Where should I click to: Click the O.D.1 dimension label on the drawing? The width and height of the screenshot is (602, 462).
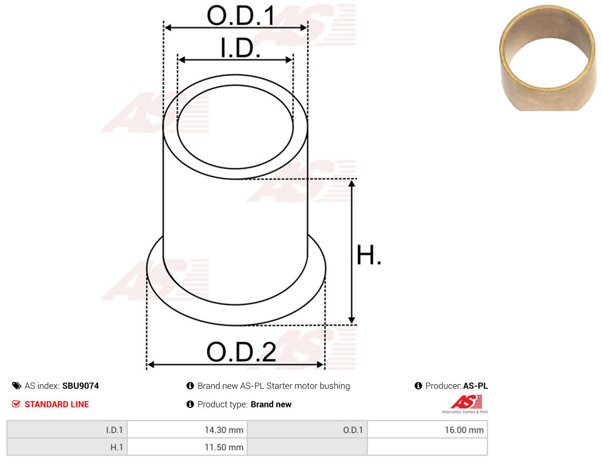pyautogui.click(x=241, y=16)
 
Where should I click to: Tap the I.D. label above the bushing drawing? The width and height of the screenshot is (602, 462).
pyautogui.click(x=240, y=48)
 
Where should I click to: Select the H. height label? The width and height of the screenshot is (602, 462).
pyautogui.click(x=369, y=255)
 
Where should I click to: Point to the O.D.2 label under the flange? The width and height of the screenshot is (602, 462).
pyautogui.click(x=241, y=352)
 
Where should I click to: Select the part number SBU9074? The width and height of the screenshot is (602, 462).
pyautogui.click(x=81, y=386)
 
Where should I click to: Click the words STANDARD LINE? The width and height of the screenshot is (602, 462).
pyautogui.click(x=57, y=404)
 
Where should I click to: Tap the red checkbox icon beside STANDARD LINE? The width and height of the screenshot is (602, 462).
pyautogui.click(x=16, y=404)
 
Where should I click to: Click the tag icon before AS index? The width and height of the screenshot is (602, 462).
pyautogui.click(x=17, y=386)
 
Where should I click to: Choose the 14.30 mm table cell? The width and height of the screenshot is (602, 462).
pyautogui.click(x=187, y=430)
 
